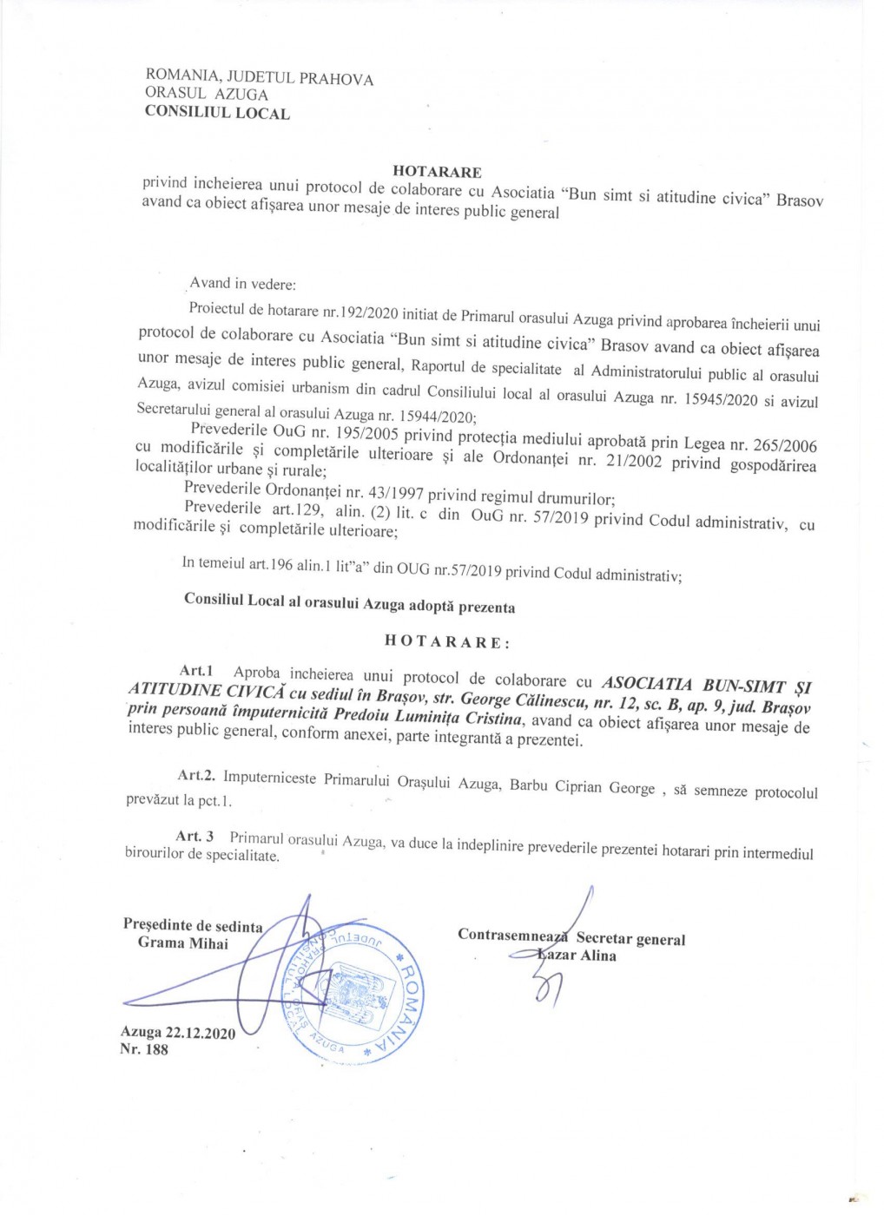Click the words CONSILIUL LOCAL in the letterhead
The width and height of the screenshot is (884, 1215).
217,112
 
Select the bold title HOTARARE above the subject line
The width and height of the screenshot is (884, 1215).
437,172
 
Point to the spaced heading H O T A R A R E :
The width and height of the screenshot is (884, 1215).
447,642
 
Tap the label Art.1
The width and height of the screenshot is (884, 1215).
196,671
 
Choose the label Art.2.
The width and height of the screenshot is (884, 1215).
196,775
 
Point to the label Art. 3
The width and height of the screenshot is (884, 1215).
195,837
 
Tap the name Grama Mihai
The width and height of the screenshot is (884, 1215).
183,943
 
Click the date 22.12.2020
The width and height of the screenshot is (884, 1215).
201,1033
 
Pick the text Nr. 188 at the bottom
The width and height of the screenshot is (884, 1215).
144,1049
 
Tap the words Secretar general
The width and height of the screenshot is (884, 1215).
630,939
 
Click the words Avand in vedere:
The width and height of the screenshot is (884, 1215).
243,283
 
